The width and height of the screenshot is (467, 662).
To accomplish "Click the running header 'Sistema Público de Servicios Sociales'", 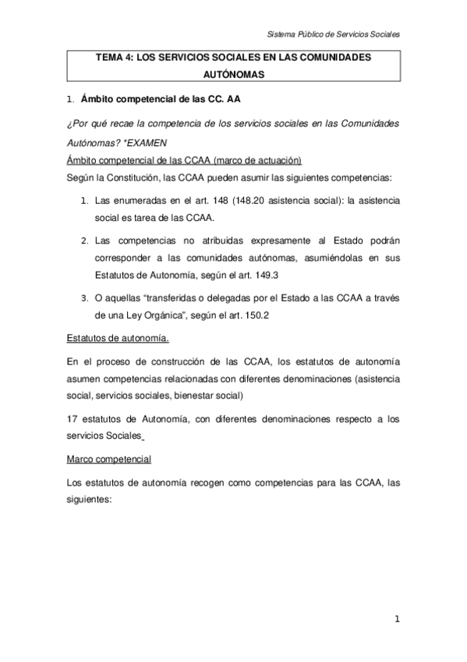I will pyautogui.click(x=333, y=35).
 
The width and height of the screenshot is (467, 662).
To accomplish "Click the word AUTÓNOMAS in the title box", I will pyautogui.click(x=233, y=76).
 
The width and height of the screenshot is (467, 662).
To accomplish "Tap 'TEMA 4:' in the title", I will pyautogui.click(x=114, y=58).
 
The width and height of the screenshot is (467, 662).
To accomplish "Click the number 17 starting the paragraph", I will pyautogui.click(x=72, y=418).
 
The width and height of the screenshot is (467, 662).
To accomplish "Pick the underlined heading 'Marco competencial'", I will pyautogui.click(x=108, y=461).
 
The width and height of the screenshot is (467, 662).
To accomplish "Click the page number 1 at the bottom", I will pyautogui.click(x=396, y=621).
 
